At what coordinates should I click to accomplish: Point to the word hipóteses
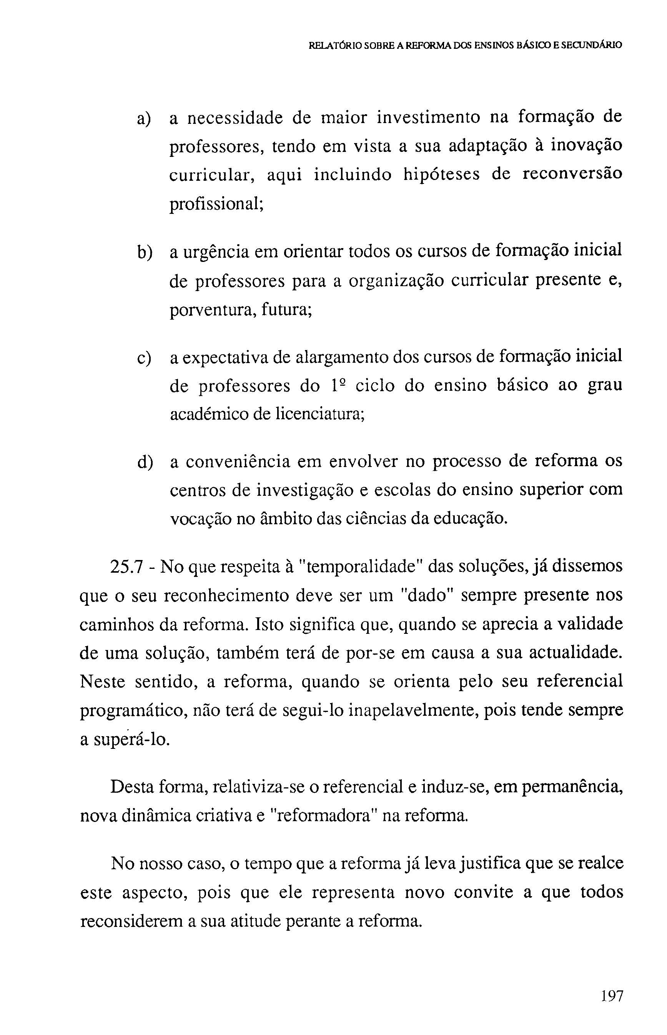pos(441,175)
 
